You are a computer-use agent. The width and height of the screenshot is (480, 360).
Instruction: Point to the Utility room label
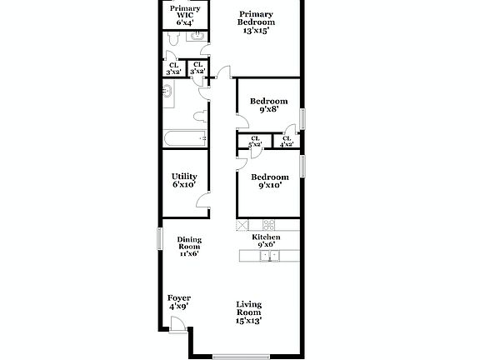(x=183, y=180)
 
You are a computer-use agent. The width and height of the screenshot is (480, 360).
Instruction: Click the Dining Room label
(x=189, y=247)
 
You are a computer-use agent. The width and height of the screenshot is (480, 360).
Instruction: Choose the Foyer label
(x=179, y=302)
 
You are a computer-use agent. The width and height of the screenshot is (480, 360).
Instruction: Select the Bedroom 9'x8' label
(x=268, y=105)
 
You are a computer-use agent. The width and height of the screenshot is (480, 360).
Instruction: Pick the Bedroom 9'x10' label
(x=270, y=181)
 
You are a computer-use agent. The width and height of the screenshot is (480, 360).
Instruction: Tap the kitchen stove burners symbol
(x=269, y=225)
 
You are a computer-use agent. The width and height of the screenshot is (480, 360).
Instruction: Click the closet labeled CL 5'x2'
(x=254, y=142)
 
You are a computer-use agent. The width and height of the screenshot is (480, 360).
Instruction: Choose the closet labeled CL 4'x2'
(x=287, y=142)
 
